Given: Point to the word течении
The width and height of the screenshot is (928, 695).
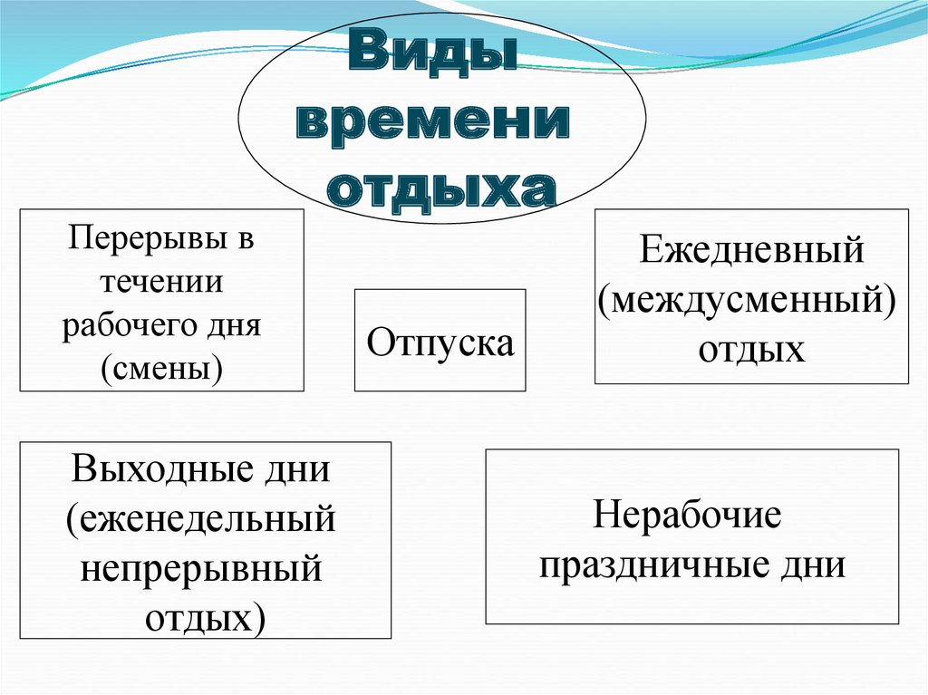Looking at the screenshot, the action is pyautogui.click(x=161, y=282).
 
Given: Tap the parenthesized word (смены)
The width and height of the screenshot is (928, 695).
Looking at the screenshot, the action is pyautogui.click(x=162, y=367).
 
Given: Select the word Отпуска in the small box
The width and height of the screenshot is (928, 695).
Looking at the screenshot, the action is pyautogui.click(x=440, y=343).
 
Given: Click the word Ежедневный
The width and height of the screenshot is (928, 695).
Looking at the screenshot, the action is pyautogui.click(x=751, y=250).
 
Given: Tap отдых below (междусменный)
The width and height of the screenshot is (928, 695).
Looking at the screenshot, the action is pyautogui.click(x=751, y=348).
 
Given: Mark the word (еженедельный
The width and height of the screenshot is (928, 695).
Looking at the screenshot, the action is pyautogui.click(x=201, y=520).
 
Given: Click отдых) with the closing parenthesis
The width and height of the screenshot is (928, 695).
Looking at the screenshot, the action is pyautogui.click(x=206, y=619).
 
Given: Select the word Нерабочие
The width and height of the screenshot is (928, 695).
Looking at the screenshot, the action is pyautogui.click(x=687, y=516).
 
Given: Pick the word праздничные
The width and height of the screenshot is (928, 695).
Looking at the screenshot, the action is pyautogui.click(x=653, y=566).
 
